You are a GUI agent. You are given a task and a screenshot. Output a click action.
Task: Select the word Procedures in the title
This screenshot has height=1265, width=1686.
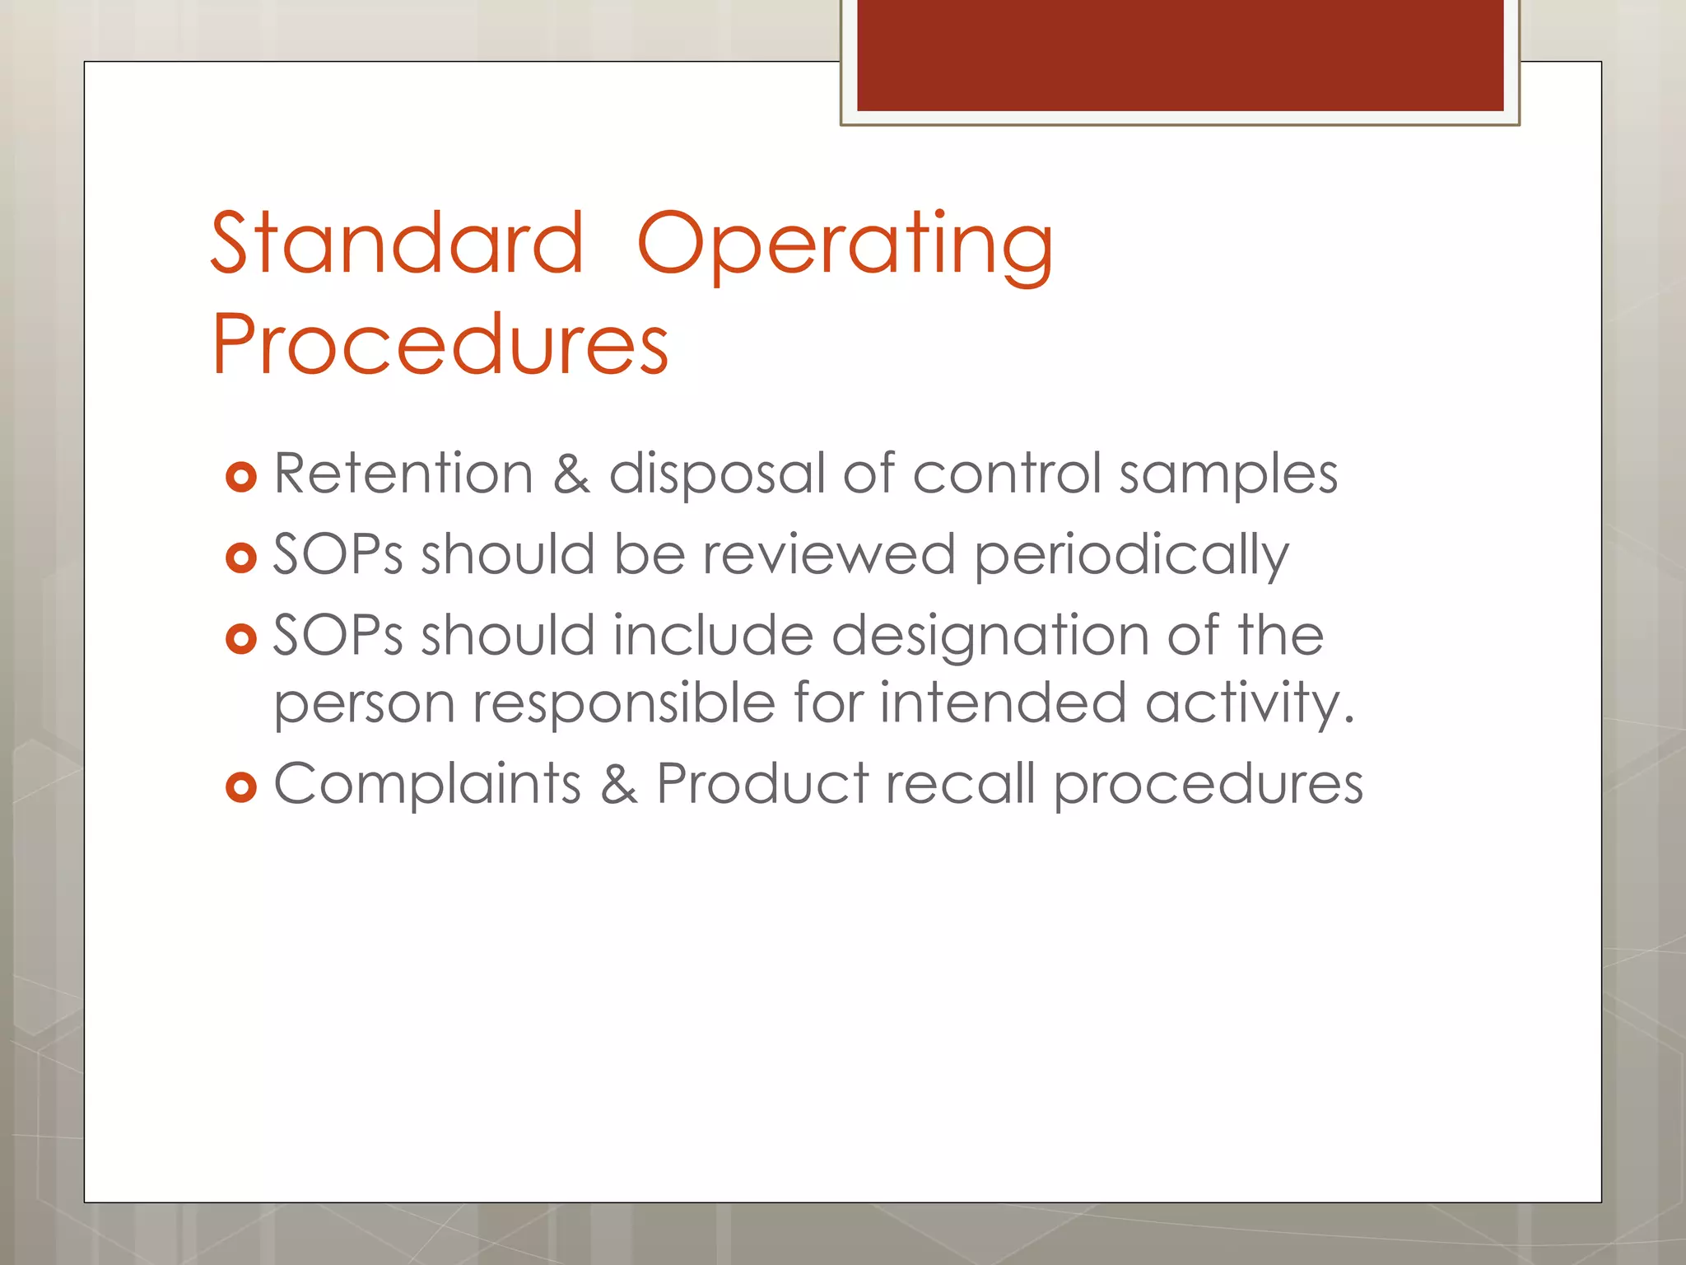coord(440,344)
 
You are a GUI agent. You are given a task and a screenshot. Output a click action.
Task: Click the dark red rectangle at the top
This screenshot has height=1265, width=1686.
coord(1180,55)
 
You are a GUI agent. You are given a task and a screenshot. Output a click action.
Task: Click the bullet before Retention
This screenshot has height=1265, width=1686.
coord(241,477)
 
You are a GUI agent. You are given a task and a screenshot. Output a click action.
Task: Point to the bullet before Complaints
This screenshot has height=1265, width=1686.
coord(241,787)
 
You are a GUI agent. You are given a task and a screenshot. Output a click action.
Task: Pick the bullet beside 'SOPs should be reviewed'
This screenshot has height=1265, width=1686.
coord(241,558)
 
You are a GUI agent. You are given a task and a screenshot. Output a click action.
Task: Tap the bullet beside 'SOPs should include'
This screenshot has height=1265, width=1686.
coord(241,639)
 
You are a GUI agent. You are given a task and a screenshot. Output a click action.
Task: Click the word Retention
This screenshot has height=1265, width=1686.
coord(403,474)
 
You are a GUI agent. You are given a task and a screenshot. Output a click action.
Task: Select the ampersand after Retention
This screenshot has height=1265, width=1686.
coord(571,474)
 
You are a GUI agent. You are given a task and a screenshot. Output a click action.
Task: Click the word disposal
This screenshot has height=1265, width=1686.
coord(716,475)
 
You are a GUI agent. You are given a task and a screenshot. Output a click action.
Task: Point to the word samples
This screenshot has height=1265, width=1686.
coord(1227,475)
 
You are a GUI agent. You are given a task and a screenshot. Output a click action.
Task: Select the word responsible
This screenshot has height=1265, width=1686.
coord(623,703)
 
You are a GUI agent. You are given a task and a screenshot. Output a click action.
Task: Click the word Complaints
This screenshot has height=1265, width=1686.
coord(427,784)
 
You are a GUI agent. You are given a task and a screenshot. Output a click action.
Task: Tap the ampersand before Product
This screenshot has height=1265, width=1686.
coord(618,784)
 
